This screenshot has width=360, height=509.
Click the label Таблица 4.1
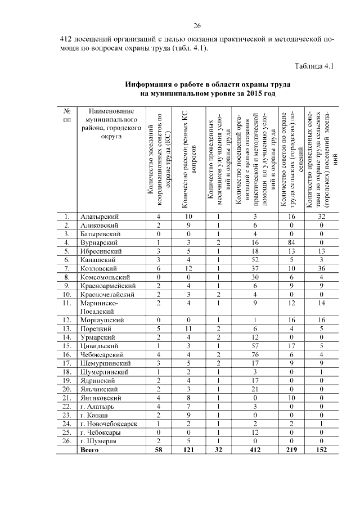coord(314,66)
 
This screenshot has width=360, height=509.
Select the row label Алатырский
coord(98,217)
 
